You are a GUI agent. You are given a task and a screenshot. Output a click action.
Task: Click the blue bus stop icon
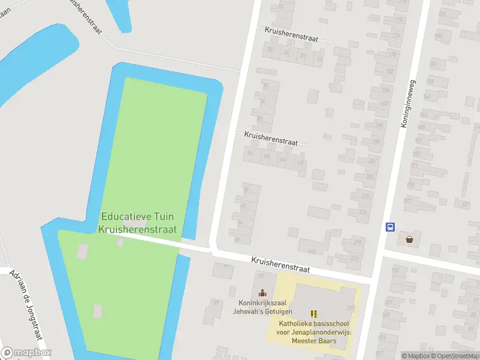pos(390,227)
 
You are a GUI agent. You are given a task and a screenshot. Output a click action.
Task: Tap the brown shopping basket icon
pos(409,239)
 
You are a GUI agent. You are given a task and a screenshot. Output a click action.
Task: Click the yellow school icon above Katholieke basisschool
pos(313,313)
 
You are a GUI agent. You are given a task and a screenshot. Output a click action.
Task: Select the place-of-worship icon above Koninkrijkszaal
pos(262,293)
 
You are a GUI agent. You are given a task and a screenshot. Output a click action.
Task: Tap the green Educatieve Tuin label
pos(139,223)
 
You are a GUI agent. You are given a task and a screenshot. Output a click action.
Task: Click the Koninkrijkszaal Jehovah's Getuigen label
pos(263,307)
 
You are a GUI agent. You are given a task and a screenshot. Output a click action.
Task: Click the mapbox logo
pos(26,353)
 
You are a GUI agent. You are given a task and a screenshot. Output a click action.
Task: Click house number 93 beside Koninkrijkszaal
pos(262,275)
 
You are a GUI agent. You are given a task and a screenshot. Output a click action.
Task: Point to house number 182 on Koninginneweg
pos(389,71)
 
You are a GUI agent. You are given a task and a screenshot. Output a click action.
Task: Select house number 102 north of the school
pos(311,251)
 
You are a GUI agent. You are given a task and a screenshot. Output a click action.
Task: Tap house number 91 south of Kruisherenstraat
pos(226,266)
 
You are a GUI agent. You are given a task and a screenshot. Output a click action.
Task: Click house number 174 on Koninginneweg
pos(395,36)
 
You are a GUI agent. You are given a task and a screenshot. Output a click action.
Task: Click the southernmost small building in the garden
pos(97,311)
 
